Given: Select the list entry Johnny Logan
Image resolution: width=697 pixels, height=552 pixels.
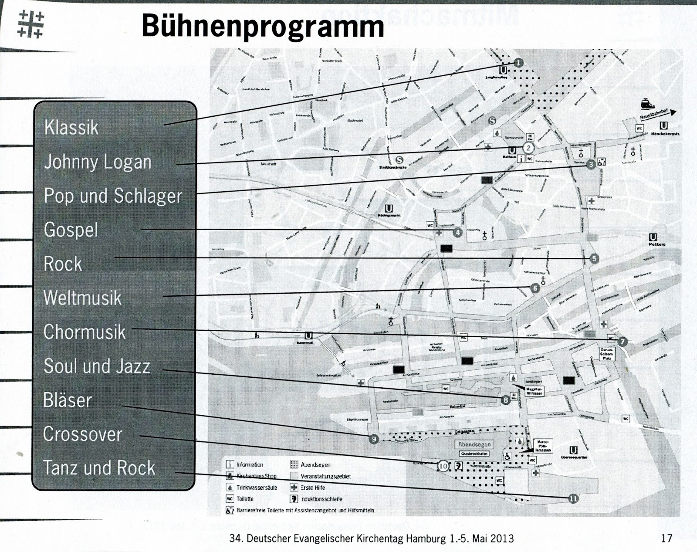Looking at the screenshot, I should tap(98, 162).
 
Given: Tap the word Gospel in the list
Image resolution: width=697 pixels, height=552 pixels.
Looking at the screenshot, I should tap(71, 230).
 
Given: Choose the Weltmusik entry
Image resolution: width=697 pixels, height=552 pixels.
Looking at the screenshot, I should tap(82, 298).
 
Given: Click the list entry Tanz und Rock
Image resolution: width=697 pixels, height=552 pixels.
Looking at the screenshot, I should tap(99, 468).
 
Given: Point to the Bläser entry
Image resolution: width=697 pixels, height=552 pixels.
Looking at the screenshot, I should tap(68, 400).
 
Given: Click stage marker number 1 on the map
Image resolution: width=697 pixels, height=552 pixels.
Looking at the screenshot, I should tap(518, 63).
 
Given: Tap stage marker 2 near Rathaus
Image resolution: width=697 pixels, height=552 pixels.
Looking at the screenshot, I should tap(528, 148).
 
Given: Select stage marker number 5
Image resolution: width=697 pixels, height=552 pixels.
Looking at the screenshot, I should tap(594, 259).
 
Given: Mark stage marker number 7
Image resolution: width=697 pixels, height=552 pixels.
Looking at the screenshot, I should tap(622, 342).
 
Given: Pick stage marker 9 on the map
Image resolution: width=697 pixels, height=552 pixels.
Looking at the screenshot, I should tap(373, 439).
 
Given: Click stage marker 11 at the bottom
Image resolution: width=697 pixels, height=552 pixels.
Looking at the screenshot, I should tap(574, 498).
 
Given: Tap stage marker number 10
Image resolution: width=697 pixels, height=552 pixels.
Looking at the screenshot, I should tap(443, 466).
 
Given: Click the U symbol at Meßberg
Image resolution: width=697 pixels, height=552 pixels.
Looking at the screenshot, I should tap(653, 237).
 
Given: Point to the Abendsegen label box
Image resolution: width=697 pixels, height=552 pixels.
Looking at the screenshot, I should tap(474, 445).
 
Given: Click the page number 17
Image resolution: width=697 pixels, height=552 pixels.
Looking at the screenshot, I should tap(667, 538).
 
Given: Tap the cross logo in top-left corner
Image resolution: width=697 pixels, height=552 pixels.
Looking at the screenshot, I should tap(30, 24).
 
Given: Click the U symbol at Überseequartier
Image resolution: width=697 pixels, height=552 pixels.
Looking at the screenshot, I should tap(574, 450).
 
